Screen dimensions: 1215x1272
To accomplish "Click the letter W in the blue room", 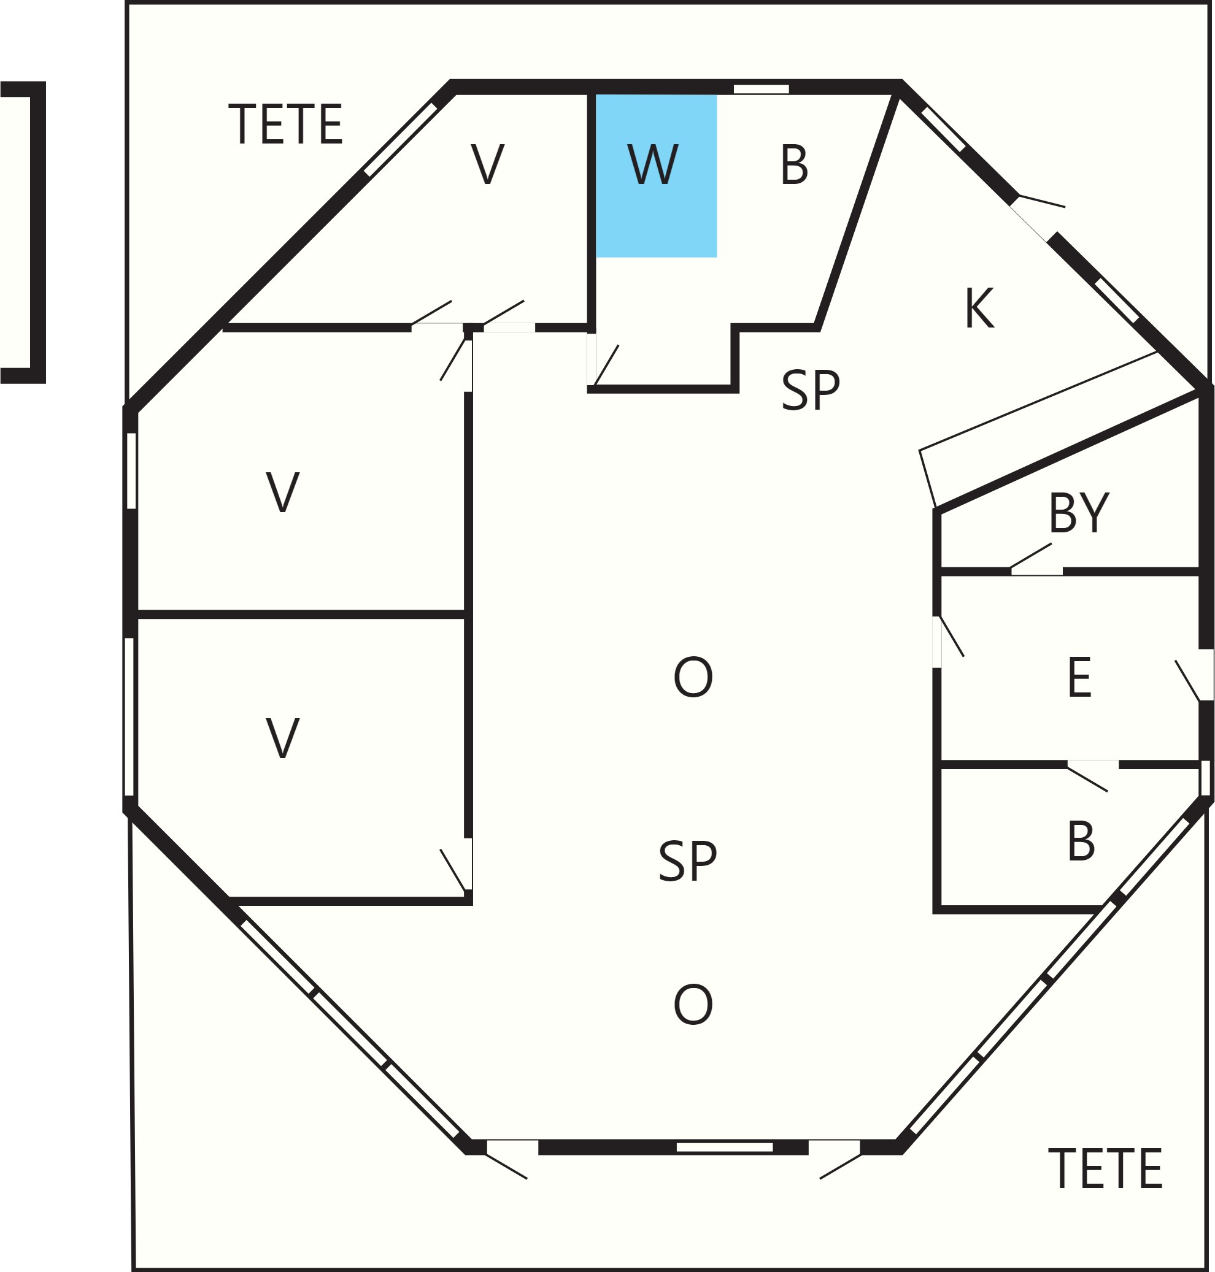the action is pyautogui.click(x=653, y=164).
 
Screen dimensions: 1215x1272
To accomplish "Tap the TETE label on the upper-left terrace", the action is pyautogui.click(x=285, y=124).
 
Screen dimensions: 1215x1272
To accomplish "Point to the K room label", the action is pyautogui.click(x=979, y=308).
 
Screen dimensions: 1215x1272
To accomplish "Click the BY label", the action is pyautogui.click(x=1079, y=513).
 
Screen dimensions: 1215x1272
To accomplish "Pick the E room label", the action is pyautogui.click(x=1079, y=677).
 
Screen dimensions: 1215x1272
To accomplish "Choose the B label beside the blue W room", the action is pyautogui.click(x=795, y=164).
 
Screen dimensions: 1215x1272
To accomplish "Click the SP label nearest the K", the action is pyautogui.click(x=811, y=389).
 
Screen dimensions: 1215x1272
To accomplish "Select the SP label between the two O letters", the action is pyautogui.click(x=688, y=861).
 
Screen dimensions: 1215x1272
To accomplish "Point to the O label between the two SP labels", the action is pyautogui.click(x=693, y=677).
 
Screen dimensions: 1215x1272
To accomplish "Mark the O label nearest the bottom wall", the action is pyautogui.click(x=693, y=1005).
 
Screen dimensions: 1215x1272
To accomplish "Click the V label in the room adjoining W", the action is pyautogui.click(x=487, y=164).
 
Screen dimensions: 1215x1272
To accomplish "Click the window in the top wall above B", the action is pyautogui.click(x=761, y=89).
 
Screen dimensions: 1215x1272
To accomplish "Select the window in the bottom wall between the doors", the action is pyautogui.click(x=725, y=1147).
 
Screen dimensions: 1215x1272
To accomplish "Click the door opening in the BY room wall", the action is pyautogui.click(x=1036, y=571).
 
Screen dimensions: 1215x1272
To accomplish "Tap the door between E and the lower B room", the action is pyautogui.click(x=1093, y=765).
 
